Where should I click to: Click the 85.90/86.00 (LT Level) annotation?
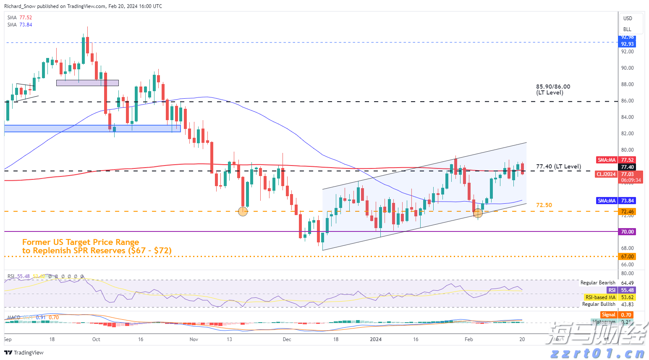tap(553, 89)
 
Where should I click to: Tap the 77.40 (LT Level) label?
tap(558, 167)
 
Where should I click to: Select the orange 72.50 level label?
tap(544, 205)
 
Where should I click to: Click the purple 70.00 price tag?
tap(627, 231)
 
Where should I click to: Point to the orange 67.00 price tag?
tap(627, 256)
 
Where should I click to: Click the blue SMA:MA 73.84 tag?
tap(615, 201)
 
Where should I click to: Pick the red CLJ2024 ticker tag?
tap(606, 174)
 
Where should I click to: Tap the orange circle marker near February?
tap(478, 213)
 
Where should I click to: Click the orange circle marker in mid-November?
tap(243, 211)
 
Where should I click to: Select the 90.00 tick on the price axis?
tap(627, 68)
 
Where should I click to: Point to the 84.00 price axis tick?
tap(627, 117)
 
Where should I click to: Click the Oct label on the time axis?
tap(96, 339)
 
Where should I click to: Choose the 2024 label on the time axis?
tap(375, 339)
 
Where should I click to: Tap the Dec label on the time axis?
tap(287, 339)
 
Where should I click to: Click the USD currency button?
tap(628, 18)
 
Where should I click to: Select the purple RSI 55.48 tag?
tap(621, 290)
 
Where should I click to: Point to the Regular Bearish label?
tap(598, 283)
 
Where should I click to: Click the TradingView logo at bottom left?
tap(24, 352)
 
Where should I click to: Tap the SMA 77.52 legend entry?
tap(19, 18)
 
